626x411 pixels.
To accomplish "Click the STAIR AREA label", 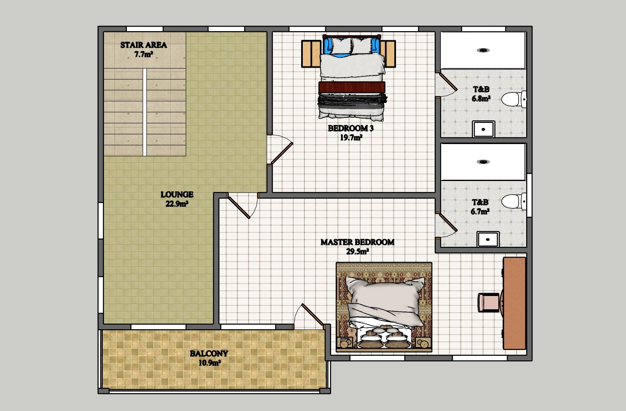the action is (144, 45).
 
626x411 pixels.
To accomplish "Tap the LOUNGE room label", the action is (177, 194).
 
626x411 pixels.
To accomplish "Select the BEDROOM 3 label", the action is (351, 128).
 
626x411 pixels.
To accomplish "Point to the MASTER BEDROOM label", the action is (357, 242).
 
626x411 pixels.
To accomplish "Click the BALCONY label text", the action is (209, 354).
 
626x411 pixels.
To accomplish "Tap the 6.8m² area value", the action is (481, 98).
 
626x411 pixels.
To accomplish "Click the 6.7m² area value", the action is (480, 211).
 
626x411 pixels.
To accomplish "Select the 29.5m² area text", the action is (357, 252).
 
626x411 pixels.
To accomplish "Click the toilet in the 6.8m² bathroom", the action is (514, 99).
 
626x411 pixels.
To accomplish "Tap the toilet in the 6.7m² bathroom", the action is (514, 201).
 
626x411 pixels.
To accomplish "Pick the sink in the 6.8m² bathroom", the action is (483, 129).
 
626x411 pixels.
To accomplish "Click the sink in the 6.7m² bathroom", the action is (488, 240).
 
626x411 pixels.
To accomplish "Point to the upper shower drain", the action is (483, 50).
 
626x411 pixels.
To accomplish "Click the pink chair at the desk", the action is (488, 302).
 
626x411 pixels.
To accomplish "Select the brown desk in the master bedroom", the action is (514, 303).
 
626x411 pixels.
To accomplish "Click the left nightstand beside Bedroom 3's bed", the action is (311, 54).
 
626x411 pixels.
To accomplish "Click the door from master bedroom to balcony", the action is (312, 315).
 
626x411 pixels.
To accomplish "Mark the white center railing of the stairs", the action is (145, 112).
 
